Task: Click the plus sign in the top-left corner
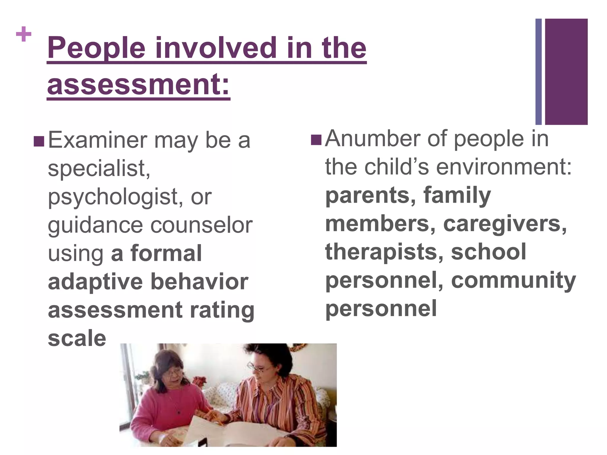pyautogui.click(x=24, y=34)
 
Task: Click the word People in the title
pyautogui.click(x=96, y=48)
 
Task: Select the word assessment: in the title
pyautogui.click(x=138, y=84)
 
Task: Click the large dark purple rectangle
pyautogui.click(x=566, y=71)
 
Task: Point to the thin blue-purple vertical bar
pyautogui.click(x=538, y=71)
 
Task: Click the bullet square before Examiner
pyautogui.click(x=39, y=142)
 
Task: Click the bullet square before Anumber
pyautogui.click(x=316, y=140)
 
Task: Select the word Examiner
pyautogui.click(x=98, y=140)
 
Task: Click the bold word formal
pyautogui.click(x=166, y=254)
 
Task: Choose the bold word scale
pyautogui.click(x=77, y=338)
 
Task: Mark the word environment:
pyautogui.click(x=504, y=167)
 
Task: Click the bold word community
pyautogui.click(x=513, y=280)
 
